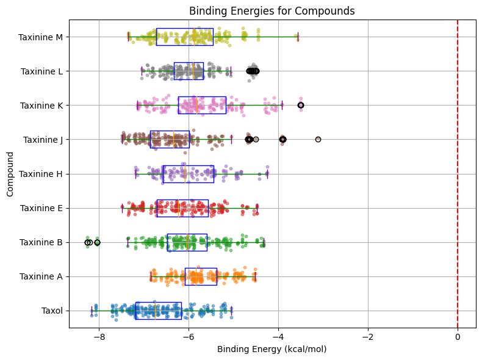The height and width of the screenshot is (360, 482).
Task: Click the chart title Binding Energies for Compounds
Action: pyautogui.click(x=272, y=11)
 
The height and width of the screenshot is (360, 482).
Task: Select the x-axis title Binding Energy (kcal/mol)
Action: pyautogui.click(x=272, y=349)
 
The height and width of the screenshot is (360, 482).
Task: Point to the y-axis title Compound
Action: pyautogui.click(x=10, y=174)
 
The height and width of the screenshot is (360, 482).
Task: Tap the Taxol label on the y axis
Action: pyautogui.click(x=52, y=311)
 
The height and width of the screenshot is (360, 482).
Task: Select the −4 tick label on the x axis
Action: pyautogui.click(x=278, y=336)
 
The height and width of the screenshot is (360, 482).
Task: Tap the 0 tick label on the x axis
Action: pyautogui.click(x=458, y=336)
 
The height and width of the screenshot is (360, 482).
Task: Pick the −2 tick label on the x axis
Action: pyautogui.click(x=368, y=336)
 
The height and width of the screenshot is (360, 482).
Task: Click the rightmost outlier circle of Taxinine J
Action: pyautogui.click(x=318, y=140)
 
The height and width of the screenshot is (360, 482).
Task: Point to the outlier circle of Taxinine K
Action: pyautogui.click(x=301, y=106)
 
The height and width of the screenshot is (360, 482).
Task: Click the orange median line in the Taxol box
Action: pyautogui.click(x=154, y=311)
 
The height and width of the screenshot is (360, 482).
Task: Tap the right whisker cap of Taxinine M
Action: pyautogui.click(x=298, y=37)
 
